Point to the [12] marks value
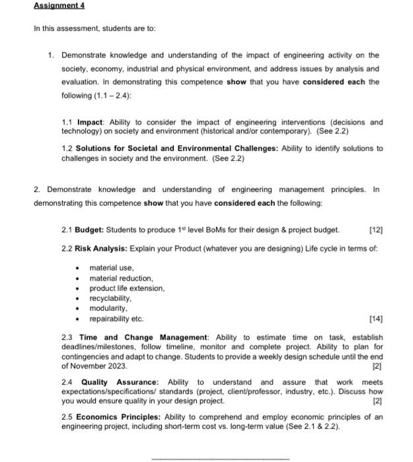pos(377,230)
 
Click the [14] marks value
pos(377,318)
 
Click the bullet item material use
pos(112,268)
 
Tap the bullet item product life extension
pos(127,288)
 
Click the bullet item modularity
pos(108,308)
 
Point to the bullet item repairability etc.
pos(116,318)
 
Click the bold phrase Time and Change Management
pos(143,337)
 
